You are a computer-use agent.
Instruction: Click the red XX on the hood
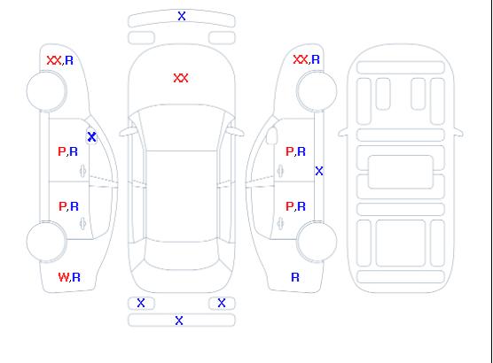coord(181,78)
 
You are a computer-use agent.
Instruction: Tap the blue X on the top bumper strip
coord(182,16)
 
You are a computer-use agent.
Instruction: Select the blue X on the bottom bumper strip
coord(179,321)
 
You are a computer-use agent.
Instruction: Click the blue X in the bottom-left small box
coord(141,303)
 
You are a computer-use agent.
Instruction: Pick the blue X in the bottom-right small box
coord(222,303)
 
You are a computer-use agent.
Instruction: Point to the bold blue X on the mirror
coord(92,137)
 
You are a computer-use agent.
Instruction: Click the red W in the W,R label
coord(64,277)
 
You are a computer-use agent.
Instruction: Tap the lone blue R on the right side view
coord(295,277)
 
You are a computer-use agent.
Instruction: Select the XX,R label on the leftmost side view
coord(60,60)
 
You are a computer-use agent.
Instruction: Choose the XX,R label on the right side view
coord(306,59)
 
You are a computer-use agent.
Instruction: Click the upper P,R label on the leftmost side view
coord(67,151)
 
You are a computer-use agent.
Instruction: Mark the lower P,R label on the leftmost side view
coord(68,206)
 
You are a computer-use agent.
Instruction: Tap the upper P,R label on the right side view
coord(295,151)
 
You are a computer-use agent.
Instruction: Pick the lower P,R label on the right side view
coord(295,206)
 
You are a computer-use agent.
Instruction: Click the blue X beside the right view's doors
coord(319,171)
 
